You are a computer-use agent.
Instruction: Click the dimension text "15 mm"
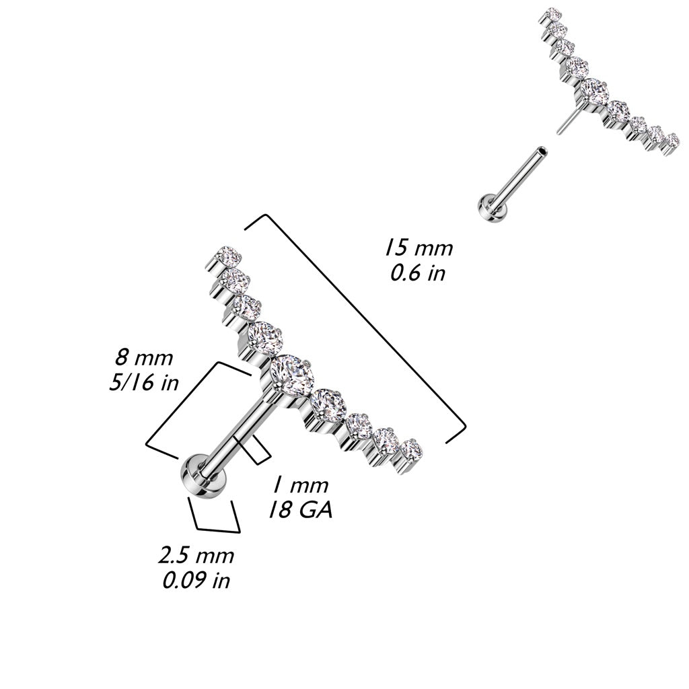point(418,247)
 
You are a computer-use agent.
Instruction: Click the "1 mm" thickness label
point(300,485)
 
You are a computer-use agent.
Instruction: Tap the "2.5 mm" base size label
point(196,556)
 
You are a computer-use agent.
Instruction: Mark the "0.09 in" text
point(196,580)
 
